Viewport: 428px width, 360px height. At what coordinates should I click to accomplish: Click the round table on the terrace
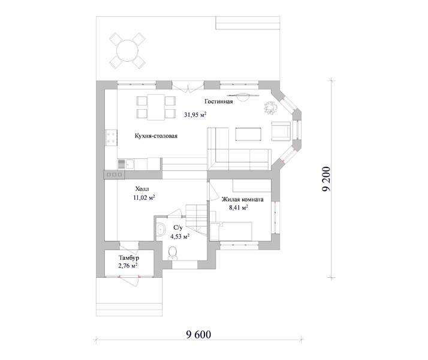127,50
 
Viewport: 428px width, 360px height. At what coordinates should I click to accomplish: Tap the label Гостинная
219,101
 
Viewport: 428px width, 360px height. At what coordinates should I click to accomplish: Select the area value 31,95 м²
195,115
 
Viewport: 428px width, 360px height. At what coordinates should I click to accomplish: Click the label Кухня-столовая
156,136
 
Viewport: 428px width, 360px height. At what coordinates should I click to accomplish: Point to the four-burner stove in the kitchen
111,137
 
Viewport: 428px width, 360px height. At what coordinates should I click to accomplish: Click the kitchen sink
126,164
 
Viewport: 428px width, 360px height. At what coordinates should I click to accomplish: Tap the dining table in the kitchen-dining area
156,107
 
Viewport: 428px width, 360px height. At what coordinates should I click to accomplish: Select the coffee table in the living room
248,134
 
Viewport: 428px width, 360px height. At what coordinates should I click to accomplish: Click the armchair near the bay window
281,131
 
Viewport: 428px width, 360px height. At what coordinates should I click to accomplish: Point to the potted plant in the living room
271,107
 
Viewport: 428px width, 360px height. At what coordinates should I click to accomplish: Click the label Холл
142,189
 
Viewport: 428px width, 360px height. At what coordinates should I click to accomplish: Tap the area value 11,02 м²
144,197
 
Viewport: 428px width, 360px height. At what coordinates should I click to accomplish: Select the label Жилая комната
242,199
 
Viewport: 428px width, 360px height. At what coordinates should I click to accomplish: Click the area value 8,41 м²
239,208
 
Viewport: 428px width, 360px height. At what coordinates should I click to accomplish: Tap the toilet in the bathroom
173,253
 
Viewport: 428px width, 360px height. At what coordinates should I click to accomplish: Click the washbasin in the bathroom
161,229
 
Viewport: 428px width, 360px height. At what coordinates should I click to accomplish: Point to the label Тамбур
129,257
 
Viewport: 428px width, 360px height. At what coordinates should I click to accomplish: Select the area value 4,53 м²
180,236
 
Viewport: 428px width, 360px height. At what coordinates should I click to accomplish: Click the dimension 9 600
198,335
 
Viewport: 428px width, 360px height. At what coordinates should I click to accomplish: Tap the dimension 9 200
326,179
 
